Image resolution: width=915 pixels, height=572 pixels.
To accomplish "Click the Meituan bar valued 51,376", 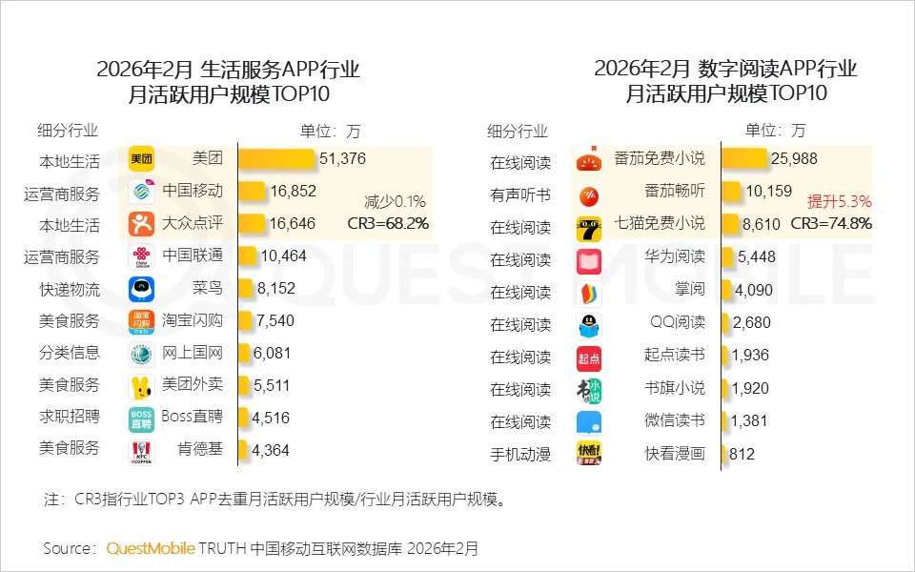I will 276,158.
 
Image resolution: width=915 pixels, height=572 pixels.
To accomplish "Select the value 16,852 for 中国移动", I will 293,191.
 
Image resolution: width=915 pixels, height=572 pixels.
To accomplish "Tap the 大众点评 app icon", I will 142,224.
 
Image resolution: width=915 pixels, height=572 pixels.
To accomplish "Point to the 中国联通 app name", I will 193,255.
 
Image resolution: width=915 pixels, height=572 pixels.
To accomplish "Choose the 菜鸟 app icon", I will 142,289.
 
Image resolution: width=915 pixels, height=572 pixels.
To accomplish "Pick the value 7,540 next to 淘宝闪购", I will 274,320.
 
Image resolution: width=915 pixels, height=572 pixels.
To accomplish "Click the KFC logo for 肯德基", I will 142,450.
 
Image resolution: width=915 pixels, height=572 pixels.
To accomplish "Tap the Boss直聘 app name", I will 192,418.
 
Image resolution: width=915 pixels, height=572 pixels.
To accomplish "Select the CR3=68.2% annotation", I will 388,223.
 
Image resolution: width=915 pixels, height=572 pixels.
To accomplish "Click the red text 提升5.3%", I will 840,201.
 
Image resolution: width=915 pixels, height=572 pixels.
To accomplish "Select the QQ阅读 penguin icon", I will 589,325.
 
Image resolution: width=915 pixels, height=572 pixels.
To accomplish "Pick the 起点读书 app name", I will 674,355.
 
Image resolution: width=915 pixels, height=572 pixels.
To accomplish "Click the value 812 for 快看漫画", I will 742,454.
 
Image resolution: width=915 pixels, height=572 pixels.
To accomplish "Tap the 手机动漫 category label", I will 520,454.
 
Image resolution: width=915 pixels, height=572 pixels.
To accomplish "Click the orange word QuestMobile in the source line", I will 151,548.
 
